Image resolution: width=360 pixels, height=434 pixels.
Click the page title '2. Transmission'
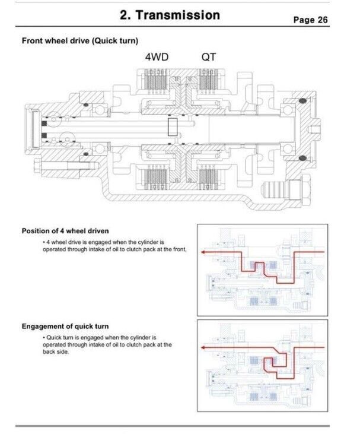(x=170, y=15)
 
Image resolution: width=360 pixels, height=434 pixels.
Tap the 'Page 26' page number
(x=311, y=20)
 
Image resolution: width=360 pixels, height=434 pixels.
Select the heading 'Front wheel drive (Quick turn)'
(x=80, y=41)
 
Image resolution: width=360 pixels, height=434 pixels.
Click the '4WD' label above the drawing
(x=157, y=58)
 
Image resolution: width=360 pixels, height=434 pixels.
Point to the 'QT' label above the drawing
(x=209, y=58)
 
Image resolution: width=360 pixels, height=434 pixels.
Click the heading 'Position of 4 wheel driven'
(x=65, y=231)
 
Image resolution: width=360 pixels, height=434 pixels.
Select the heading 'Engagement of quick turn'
(x=65, y=327)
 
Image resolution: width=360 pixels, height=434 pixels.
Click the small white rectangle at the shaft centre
(x=173, y=127)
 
